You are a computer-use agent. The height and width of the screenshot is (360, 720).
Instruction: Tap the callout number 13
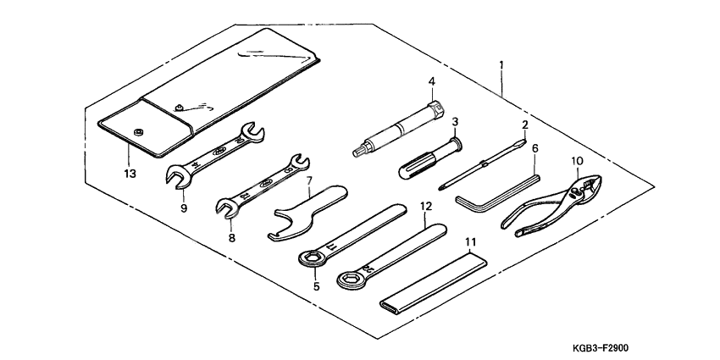click(129, 174)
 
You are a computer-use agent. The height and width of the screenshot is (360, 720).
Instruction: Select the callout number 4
click(431, 83)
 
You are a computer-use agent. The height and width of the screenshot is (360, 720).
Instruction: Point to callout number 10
click(576, 161)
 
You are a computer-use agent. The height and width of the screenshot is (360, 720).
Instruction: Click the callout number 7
click(310, 181)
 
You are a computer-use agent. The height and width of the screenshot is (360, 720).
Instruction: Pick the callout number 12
click(426, 207)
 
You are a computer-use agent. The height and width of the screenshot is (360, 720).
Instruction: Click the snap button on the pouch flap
click(137, 130)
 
